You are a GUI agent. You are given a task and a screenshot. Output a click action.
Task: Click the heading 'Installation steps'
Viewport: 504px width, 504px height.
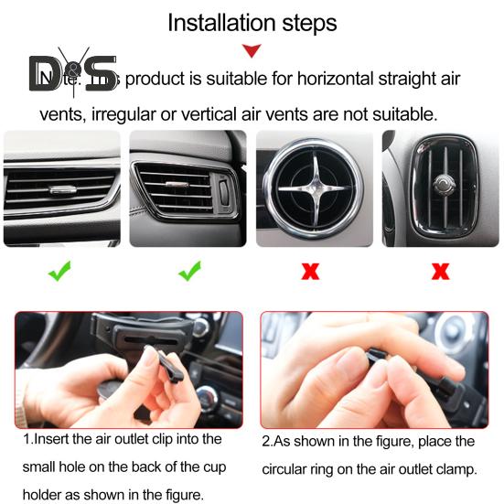click(x=252, y=22)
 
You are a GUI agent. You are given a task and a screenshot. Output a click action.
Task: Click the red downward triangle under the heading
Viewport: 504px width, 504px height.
click(x=252, y=51)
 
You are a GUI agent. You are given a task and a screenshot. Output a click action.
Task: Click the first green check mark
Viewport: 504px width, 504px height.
click(x=60, y=272)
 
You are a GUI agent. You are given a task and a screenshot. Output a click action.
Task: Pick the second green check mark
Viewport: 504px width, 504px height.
click(x=188, y=272)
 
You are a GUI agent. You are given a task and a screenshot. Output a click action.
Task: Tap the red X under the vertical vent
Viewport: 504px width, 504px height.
click(x=440, y=272)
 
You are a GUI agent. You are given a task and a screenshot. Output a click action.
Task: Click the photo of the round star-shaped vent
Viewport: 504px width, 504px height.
click(x=314, y=188)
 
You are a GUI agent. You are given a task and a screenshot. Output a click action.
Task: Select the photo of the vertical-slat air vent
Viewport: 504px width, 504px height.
click(x=441, y=188)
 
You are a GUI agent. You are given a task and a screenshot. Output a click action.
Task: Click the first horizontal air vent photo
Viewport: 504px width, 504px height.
click(x=61, y=188)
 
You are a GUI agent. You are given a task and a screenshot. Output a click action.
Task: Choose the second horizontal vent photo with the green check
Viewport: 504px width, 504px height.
click(x=188, y=188)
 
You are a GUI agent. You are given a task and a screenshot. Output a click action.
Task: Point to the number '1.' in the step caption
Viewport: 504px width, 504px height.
click(x=29, y=440)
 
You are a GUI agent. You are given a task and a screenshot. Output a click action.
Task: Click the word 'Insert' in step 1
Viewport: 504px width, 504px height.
click(x=54, y=440)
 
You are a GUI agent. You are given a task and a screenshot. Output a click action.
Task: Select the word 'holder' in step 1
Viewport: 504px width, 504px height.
click(x=44, y=496)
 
